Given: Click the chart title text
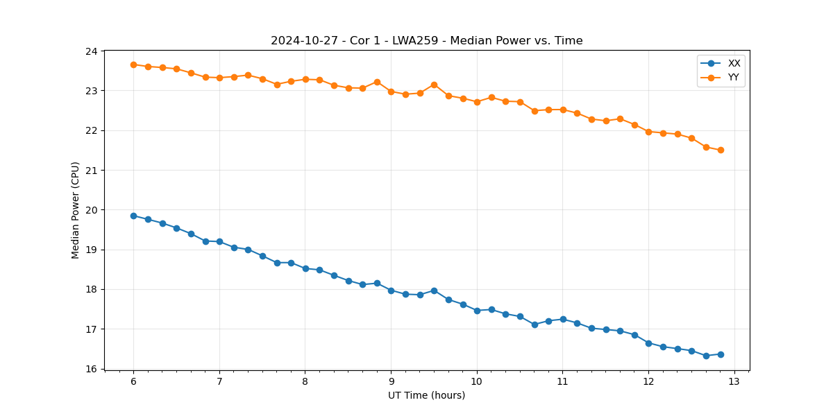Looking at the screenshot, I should [426, 41].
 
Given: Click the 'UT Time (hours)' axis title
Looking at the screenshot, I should [426, 396].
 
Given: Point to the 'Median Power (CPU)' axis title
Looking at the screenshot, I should [76, 210].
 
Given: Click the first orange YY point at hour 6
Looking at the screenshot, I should [133, 64].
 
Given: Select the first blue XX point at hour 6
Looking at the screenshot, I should [133, 216].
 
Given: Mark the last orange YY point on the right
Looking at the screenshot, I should [721, 150].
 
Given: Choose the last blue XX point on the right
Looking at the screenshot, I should [721, 354].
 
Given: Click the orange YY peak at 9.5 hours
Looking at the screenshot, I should [434, 85].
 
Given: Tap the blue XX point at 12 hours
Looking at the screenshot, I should [648, 343].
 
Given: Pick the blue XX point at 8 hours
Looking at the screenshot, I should [305, 268].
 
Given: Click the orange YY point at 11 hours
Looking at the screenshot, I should [563, 110].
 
